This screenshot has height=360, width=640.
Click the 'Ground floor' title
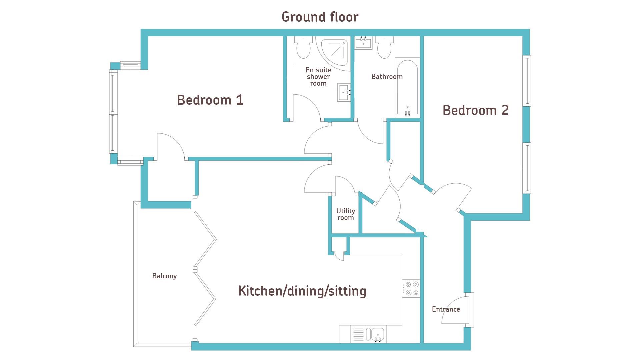pos(320,17)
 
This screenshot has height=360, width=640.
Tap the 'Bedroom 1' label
pos(210,100)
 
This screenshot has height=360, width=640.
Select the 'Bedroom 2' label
pos(476,110)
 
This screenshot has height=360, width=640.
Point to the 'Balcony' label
pos(164,276)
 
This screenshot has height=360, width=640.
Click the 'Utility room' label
pos(346,214)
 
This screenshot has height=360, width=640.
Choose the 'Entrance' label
pos(446,309)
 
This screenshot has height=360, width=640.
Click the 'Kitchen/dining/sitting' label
pos(302,291)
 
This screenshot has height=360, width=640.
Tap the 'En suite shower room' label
pos(318,77)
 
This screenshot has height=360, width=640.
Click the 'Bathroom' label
pos(387,77)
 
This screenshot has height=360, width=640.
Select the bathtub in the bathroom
pos(407,88)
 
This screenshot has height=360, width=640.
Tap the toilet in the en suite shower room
pos(303,47)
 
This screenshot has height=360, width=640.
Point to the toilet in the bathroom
pos(384,47)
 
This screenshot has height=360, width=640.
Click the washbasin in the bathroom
pos(363,43)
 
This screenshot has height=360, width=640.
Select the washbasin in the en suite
pos(344,92)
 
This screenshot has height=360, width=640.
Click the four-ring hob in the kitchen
pos(411,289)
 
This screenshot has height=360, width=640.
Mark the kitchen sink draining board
pos(358,334)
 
